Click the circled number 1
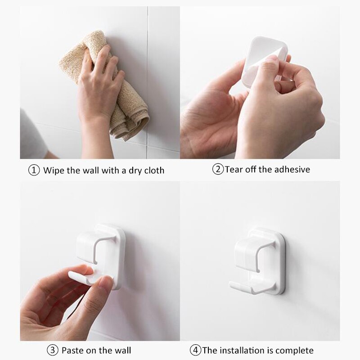coord(34,171)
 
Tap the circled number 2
coord(218,170)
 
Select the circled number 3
coord(52,350)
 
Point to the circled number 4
coord(195,350)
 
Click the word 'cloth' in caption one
coord(153,171)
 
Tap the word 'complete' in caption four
coord(294,350)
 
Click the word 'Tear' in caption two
coord(234,170)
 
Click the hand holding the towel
coord(97,85)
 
